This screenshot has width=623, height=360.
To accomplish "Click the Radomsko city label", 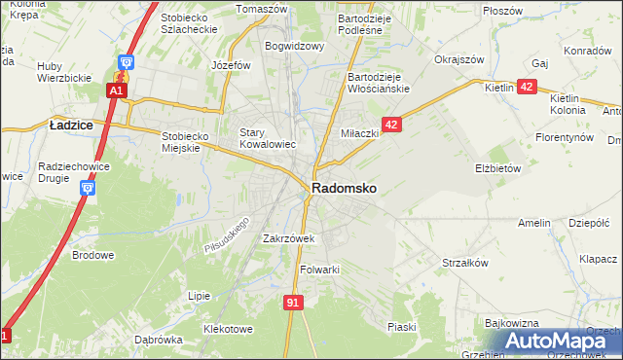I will pos(344,188).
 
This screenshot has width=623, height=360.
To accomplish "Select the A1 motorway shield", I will pos(116,90).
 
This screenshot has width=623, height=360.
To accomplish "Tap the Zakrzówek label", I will pos(288,238).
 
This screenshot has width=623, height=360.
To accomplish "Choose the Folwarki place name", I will pos(319,270).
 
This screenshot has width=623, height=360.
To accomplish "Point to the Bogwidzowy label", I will pos(293,46).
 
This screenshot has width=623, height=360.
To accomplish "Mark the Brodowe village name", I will pos(93,256).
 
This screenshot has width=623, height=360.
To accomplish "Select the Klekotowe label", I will pos(228,329).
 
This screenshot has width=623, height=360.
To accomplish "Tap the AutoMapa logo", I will pos(551,342).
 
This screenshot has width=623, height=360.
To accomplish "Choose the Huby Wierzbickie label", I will pos(62,72).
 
